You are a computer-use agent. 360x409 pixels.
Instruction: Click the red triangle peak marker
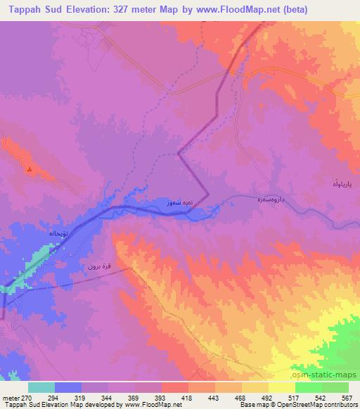tap(29, 169)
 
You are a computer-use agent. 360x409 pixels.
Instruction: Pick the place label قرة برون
tap(101, 266)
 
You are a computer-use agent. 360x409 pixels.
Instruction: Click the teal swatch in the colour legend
tap(41, 387)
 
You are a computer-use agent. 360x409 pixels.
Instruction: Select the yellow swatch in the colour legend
tap(281, 387)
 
